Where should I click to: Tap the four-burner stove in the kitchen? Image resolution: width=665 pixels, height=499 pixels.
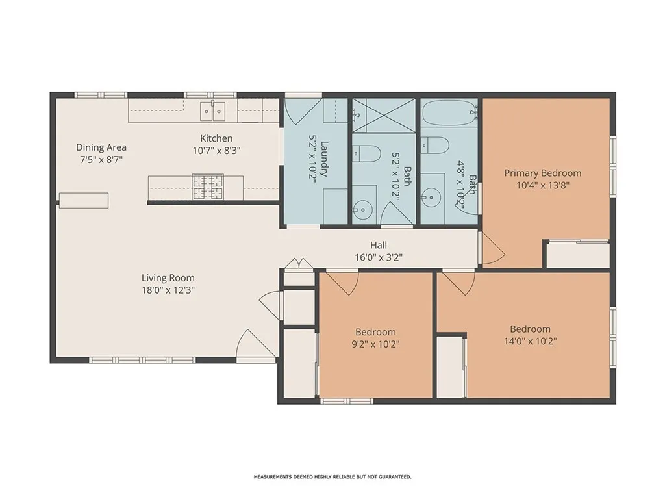tap(207, 188)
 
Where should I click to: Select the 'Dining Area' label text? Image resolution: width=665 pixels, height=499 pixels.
tap(101, 147)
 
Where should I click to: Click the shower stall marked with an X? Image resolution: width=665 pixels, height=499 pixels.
tap(383, 115)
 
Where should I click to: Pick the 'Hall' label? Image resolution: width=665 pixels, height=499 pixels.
tap(379, 245)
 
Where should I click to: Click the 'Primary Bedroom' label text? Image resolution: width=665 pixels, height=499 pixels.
tap(543, 173)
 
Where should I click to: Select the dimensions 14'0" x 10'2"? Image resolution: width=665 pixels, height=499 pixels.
tap(530, 340)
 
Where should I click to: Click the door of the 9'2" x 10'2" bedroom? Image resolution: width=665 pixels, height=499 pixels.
tap(342, 281)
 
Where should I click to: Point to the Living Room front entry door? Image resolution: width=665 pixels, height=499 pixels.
tap(251, 346)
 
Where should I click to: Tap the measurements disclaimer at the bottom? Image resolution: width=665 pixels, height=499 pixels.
tap(332, 477)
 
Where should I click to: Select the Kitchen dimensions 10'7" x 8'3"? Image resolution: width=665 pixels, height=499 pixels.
tap(216, 151)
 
